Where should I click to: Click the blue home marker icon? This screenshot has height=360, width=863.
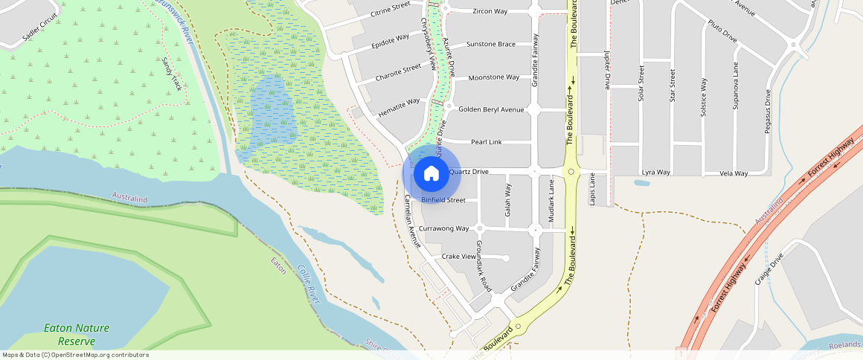pyautogui.click(x=431, y=173)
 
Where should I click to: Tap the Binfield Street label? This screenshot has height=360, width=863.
pyautogui.click(x=443, y=200)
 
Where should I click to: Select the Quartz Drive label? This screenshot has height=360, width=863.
pyautogui.click(x=469, y=172)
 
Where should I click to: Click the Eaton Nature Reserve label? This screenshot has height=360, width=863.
pyautogui.click(x=77, y=334)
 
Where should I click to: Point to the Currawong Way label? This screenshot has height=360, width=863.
pyautogui.click(x=444, y=228)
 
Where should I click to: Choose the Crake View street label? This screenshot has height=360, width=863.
pyautogui.click(x=458, y=257)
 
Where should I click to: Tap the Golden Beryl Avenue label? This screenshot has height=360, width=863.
pyautogui.click(x=492, y=109)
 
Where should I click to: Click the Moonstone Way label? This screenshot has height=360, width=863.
pyautogui.click(x=493, y=77)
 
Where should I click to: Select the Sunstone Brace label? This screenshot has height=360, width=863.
pyautogui.click(x=490, y=44)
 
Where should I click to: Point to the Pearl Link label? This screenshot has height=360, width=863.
pyautogui.click(x=487, y=141)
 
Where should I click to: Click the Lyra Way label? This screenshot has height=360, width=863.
pyautogui.click(x=656, y=173)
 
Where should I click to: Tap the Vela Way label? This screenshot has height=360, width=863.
pyautogui.click(x=734, y=173)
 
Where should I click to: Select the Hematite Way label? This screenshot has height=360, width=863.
pyautogui.click(x=399, y=106)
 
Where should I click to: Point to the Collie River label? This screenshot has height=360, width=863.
pyautogui.click(x=308, y=283)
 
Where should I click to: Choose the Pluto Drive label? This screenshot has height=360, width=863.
pyautogui.click(x=722, y=30)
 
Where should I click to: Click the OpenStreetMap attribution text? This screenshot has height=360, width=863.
pyautogui.click(x=76, y=355)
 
